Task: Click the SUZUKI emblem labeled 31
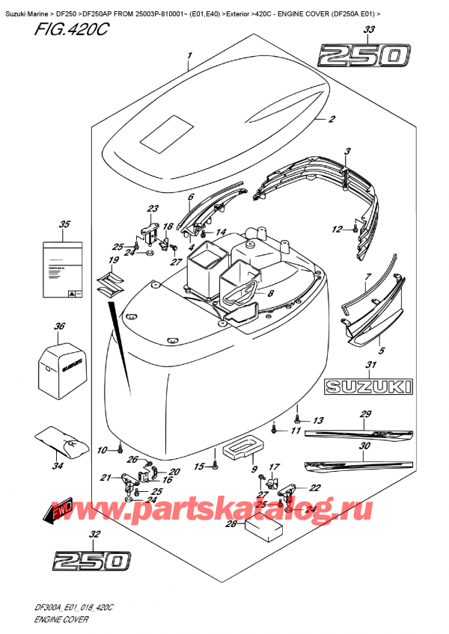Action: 367,387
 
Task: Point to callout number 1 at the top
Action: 190,55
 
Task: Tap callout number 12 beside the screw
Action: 337,230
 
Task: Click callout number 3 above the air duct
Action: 347,153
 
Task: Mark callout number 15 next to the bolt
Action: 198,468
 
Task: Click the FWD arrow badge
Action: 63,511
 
